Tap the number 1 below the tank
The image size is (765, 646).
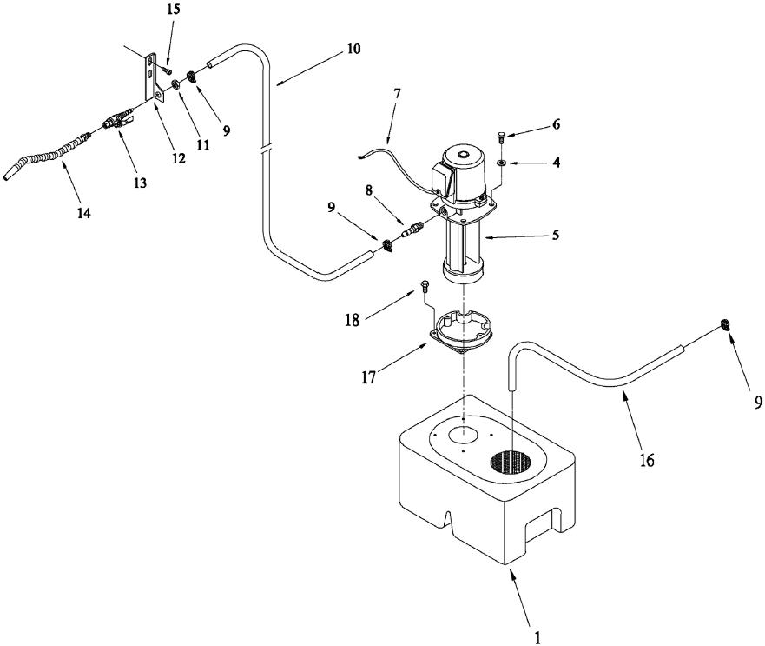coord(537,637)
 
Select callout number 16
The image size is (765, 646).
coord(646,460)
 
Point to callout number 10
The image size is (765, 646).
coord(353,49)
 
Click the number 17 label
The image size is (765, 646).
coord(369,377)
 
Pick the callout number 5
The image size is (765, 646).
coord(555,235)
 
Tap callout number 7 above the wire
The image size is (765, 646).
coord(397,93)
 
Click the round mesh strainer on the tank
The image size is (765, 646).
coord(510,462)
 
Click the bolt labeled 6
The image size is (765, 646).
coord(501,137)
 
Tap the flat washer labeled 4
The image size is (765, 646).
coord(501,163)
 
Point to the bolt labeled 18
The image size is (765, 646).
coord(425,286)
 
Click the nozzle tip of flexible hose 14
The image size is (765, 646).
coord(6,176)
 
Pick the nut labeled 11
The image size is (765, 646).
coord(176,84)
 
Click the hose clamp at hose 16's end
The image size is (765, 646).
coord(725,324)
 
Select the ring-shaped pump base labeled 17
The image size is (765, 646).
coord(461,334)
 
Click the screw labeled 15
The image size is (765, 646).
coord(167,70)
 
